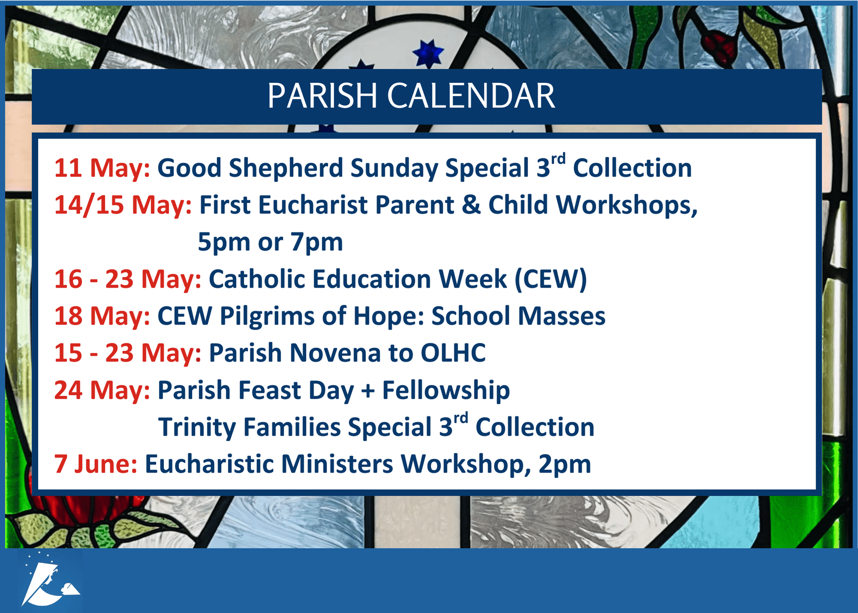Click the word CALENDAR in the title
click(471, 96)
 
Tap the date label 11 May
click(102, 168)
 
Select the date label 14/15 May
click(123, 205)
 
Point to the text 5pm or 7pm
click(270, 242)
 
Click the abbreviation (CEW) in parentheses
click(550, 279)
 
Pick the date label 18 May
click(102, 316)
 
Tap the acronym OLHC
click(453, 353)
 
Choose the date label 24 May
click(102, 391)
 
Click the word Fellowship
click(446, 391)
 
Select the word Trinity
click(197, 428)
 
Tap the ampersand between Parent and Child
click(471, 205)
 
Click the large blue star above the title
click(428, 53)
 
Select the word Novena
click(335, 353)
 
